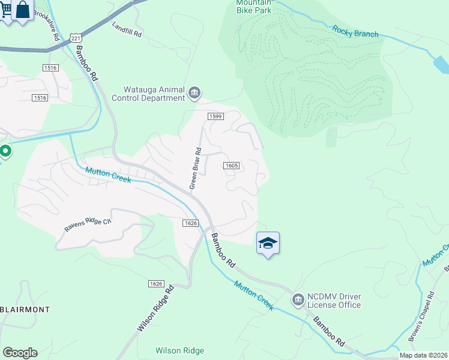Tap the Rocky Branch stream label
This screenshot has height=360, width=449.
tap(356, 31)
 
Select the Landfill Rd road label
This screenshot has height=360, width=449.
tap(127, 30)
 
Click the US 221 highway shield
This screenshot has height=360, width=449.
tap(75, 38)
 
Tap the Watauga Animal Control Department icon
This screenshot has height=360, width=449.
tap(194, 92)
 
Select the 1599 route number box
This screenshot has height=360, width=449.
tap(216, 116)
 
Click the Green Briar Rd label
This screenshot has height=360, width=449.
tap(194, 169)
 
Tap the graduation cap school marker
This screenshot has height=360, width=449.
tap(268, 243)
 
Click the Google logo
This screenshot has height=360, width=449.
tap(20, 353)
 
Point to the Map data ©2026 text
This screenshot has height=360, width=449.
tap(423, 355)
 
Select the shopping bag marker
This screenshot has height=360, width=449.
tap(23, 10)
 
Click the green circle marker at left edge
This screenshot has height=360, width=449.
tap(5, 151)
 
